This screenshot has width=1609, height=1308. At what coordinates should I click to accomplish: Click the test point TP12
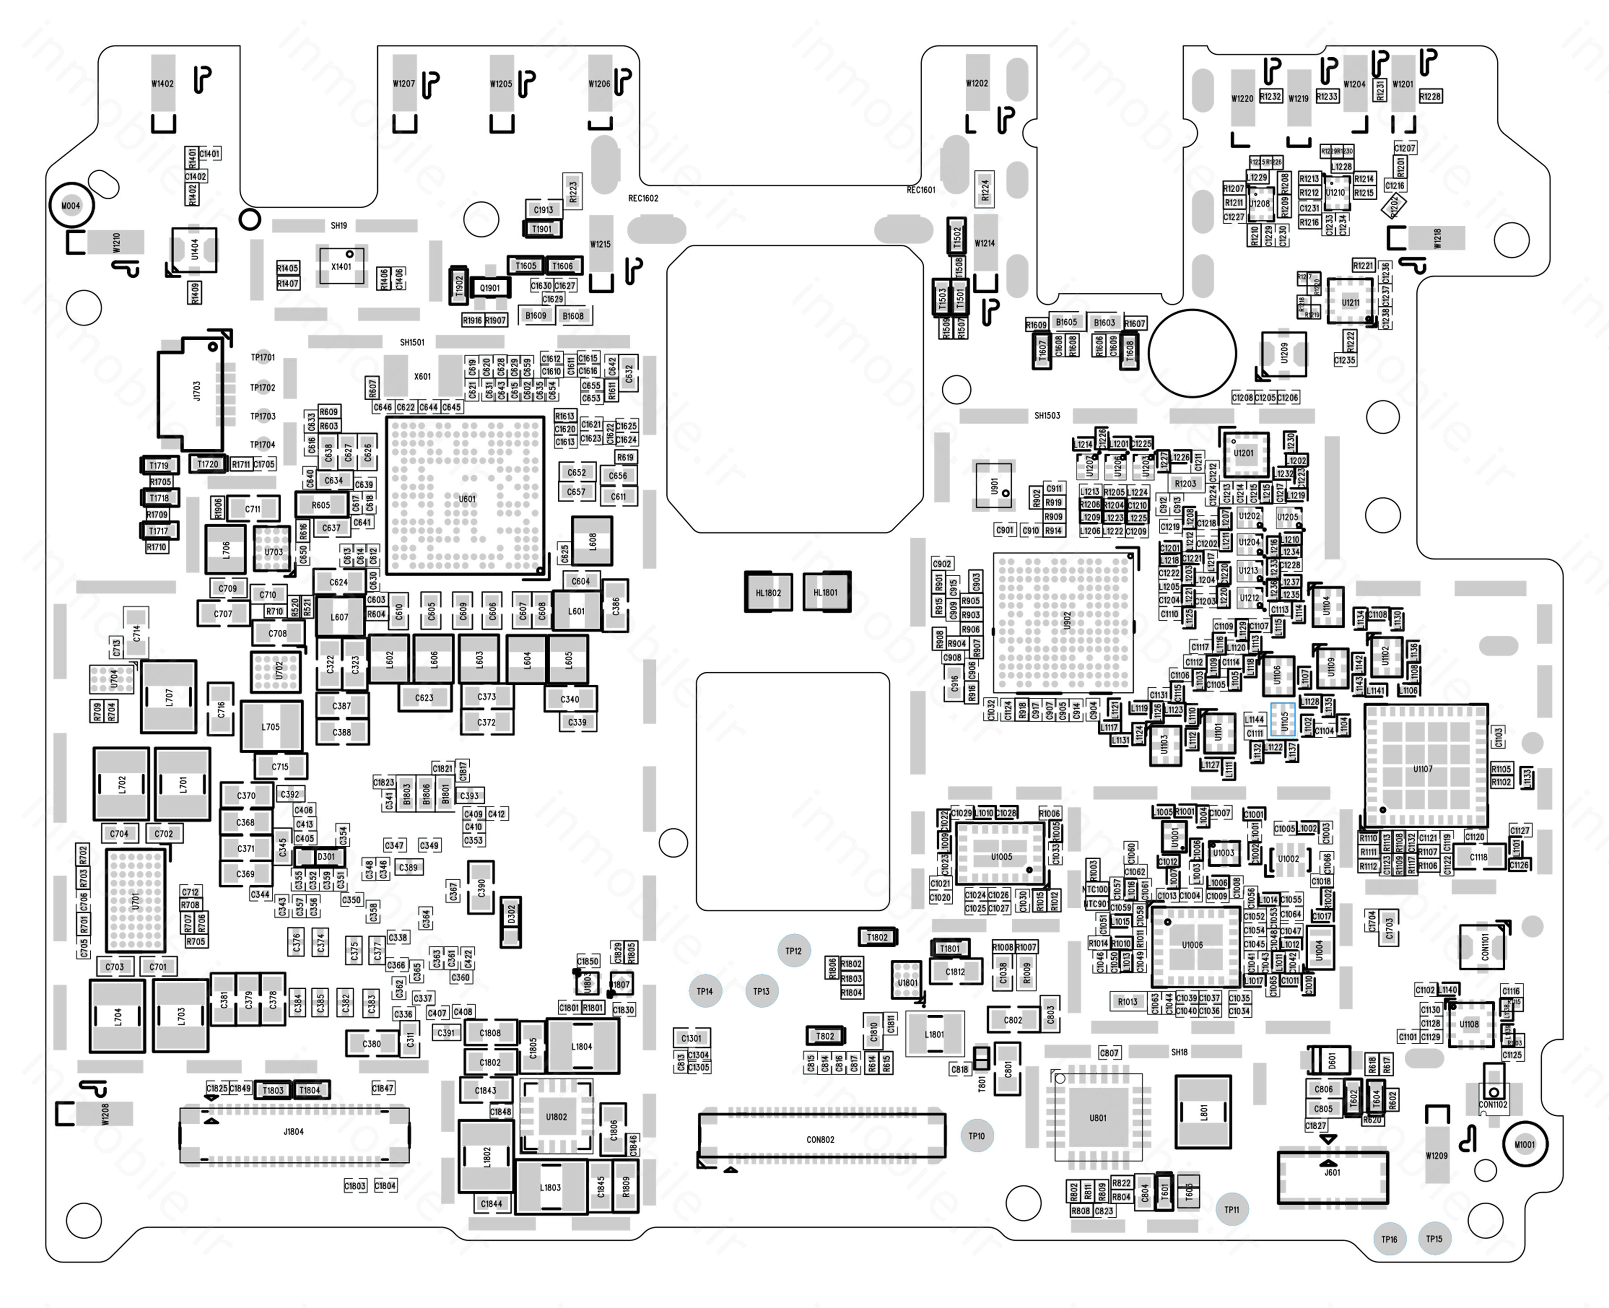(793, 951)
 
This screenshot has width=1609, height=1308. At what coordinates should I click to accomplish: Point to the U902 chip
(1064, 622)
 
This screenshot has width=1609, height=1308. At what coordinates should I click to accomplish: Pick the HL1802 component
(768, 592)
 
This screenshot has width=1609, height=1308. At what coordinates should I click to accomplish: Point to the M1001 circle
(1524, 1144)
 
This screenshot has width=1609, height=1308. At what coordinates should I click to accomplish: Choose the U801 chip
(1098, 1118)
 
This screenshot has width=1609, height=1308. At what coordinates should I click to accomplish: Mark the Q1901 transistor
(490, 288)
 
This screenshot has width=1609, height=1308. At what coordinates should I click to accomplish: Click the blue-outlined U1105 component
(1283, 720)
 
